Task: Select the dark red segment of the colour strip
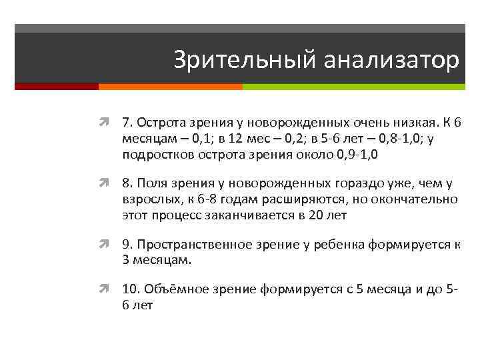coord(56,87)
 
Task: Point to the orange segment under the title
coord(170,87)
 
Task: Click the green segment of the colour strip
coord(353,87)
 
